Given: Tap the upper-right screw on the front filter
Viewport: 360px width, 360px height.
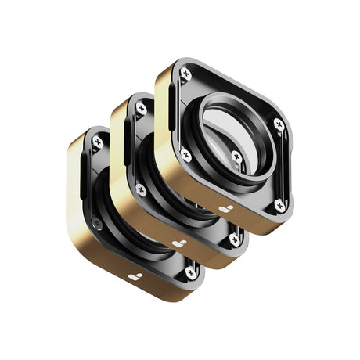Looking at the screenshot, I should (x=278, y=124).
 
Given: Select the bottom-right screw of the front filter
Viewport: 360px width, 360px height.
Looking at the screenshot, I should (x=279, y=205).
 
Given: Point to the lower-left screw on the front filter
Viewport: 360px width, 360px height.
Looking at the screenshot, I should (x=186, y=155).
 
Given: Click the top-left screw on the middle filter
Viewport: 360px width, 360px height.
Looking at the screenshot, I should (x=142, y=108).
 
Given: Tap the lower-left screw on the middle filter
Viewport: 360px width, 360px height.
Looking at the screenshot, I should (x=142, y=189).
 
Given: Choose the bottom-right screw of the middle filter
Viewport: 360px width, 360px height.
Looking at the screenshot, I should (x=235, y=239).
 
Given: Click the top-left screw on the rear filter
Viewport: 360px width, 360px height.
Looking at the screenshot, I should (x=97, y=142).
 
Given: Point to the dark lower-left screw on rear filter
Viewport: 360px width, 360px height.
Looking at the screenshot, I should (x=97, y=224).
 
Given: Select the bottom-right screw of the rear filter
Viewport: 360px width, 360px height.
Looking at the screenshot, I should (x=190, y=272).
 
